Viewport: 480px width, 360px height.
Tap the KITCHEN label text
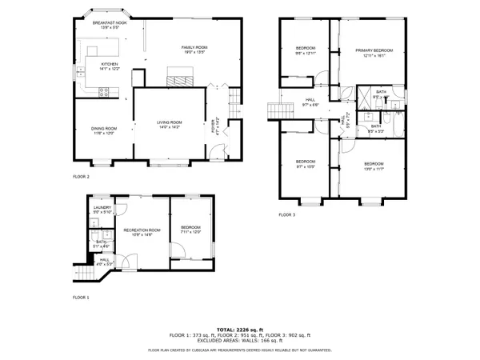[x=109, y=64]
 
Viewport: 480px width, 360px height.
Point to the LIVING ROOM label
[x=169, y=122]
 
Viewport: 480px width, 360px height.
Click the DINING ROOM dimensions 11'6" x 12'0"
[x=105, y=133]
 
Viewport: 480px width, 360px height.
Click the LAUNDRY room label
[x=102, y=208]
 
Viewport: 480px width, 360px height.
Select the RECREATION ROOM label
[x=142, y=230]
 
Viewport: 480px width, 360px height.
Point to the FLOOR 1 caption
[x=81, y=297]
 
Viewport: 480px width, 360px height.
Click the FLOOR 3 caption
[x=287, y=215]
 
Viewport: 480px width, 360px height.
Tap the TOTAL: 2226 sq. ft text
[x=240, y=330]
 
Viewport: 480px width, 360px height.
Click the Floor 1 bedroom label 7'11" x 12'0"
[x=190, y=232]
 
